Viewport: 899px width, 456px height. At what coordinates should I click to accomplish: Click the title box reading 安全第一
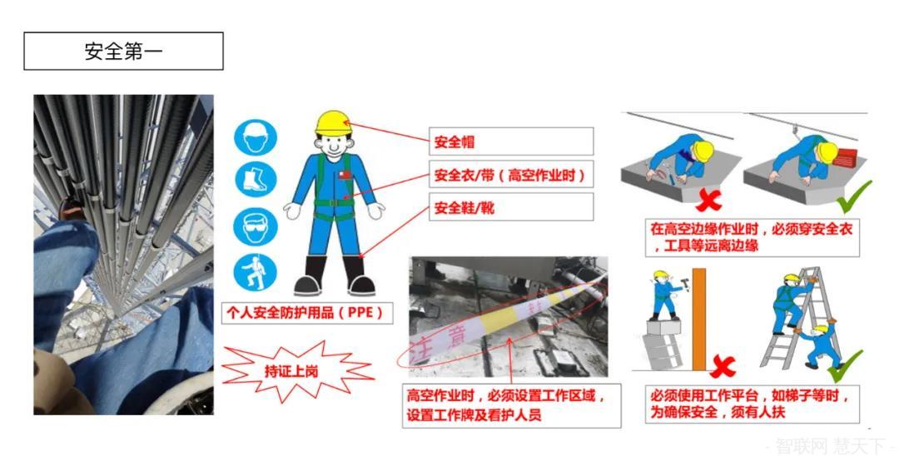coord(123,51)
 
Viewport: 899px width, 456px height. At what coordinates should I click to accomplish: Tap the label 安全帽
coord(511,141)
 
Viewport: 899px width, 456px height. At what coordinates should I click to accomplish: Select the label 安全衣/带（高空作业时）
coord(511,175)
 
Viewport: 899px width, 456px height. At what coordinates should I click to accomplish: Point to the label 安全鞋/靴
coord(511,207)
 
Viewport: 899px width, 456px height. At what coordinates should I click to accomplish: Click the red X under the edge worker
coord(709,200)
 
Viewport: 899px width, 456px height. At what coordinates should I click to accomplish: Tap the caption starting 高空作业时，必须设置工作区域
coord(511,405)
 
